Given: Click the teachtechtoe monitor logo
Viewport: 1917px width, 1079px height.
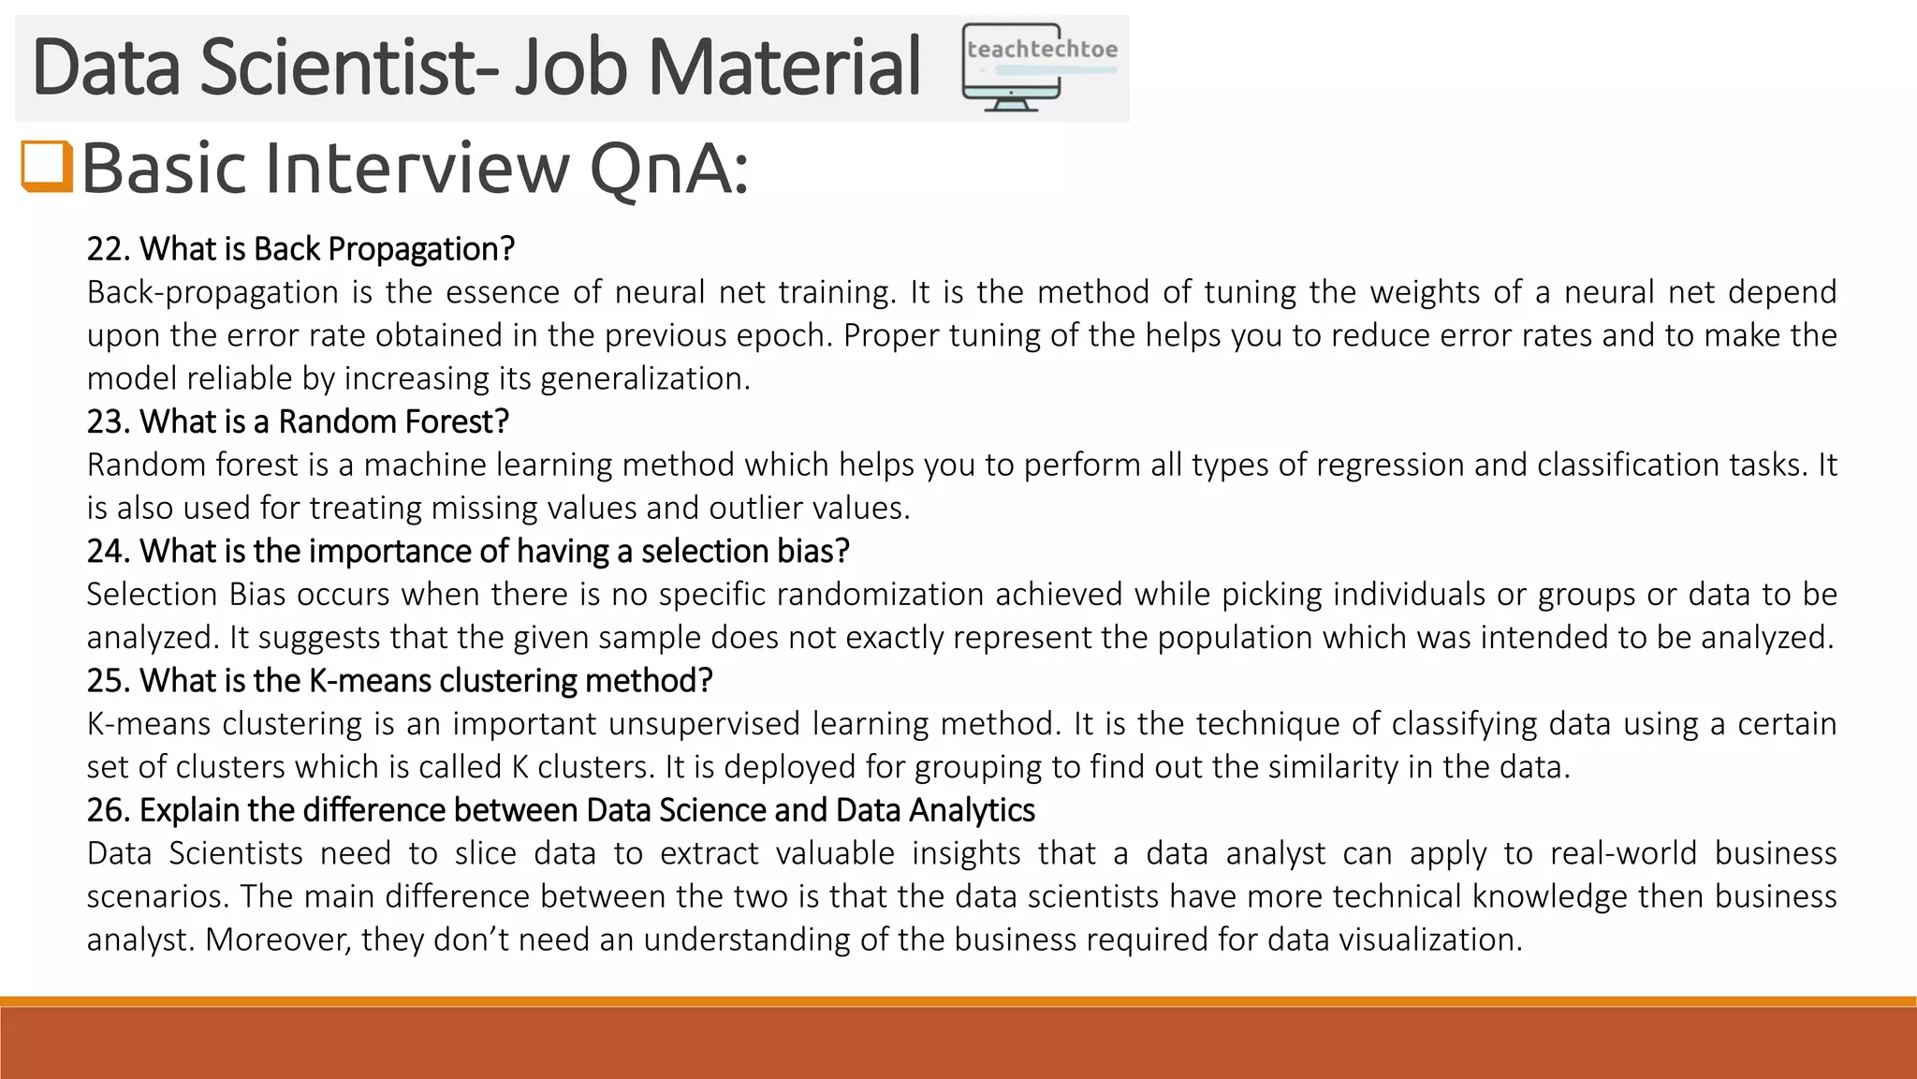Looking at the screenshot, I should click(x=1039, y=67).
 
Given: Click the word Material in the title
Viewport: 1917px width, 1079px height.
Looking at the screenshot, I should click(x=784, y=67).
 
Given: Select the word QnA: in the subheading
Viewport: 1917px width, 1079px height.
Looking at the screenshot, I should click(x=669, y=170).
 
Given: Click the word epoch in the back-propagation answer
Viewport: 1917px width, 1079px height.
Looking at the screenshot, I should click(x=783, y=335).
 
